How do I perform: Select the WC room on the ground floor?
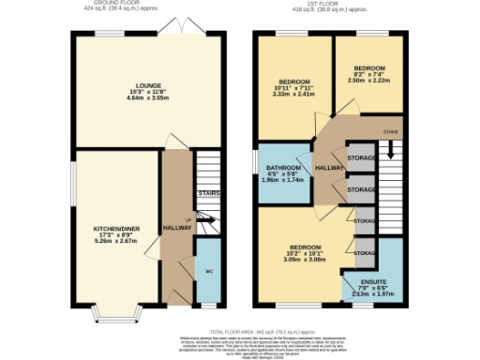207,271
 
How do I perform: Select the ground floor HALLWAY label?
177,228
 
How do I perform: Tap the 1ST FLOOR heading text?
333,4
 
